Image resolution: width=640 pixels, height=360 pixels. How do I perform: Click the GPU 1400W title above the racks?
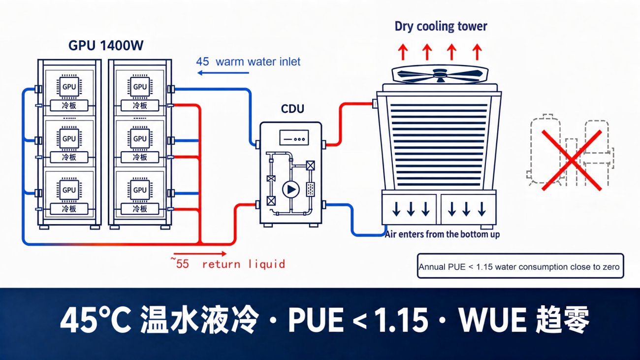[106, 46]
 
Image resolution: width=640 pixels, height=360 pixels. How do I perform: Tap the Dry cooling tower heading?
[441, 26]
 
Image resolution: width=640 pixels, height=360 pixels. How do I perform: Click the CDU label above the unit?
[292, 109]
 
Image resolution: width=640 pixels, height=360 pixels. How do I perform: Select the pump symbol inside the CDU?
[291, 190]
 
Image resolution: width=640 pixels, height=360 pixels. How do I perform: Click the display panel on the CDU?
[294, 138]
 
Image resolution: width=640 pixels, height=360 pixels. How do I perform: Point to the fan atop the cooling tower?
[440, 74]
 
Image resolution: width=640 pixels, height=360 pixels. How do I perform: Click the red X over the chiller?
[572, 160]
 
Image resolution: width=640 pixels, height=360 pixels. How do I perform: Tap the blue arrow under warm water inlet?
[223, 73]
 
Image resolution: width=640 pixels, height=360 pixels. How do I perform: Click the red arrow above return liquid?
[200, 254]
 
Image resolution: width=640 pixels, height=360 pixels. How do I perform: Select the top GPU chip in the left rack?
[69, 87]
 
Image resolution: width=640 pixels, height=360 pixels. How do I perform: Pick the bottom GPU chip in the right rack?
[140, 190]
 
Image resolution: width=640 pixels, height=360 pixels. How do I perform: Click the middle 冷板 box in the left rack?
[69, 157]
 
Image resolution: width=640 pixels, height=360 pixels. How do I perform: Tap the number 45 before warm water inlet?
[202, 62]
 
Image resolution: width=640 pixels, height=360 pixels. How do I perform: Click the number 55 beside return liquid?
[182, 264]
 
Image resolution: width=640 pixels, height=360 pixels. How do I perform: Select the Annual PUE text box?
[520, 266]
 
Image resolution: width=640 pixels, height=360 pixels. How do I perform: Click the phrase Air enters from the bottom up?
[442, 234]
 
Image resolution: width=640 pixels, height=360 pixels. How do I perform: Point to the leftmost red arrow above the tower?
[403, 52]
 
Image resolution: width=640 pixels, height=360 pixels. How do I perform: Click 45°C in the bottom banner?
[96, 320]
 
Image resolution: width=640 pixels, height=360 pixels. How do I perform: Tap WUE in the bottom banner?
[492, 320]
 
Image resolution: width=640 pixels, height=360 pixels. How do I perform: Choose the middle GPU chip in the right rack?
[140, 138]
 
